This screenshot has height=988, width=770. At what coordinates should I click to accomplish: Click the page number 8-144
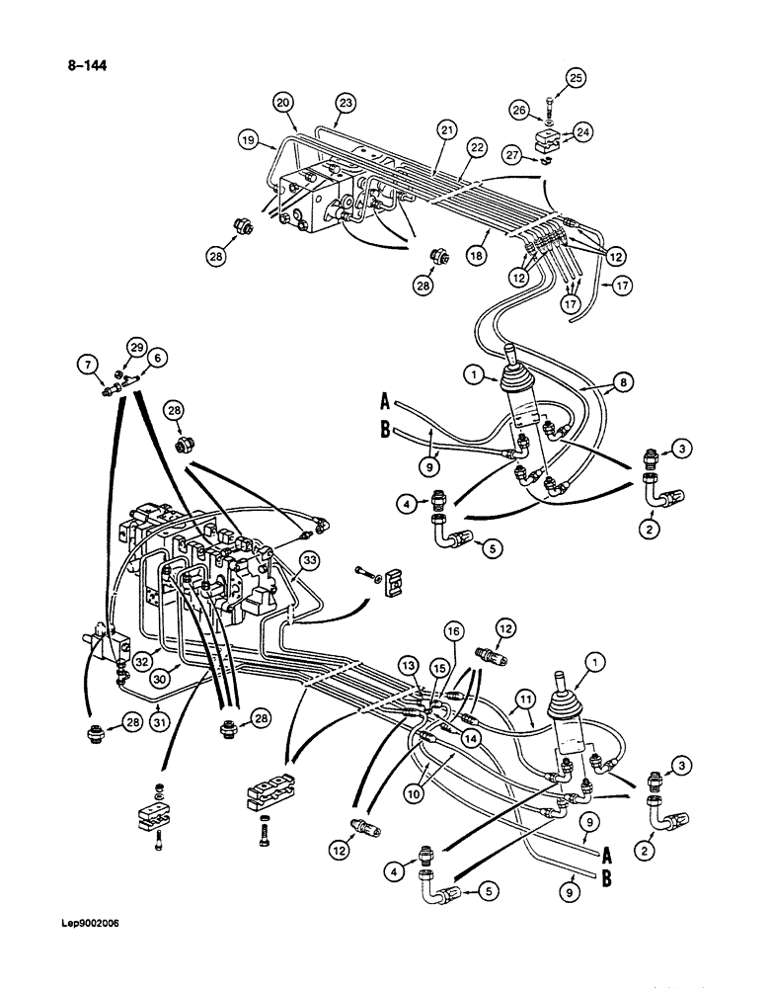(x=86, y=67)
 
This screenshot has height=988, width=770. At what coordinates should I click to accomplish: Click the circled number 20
(x=283, y=102)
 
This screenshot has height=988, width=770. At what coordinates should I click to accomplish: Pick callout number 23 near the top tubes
(x=345, y=102)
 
